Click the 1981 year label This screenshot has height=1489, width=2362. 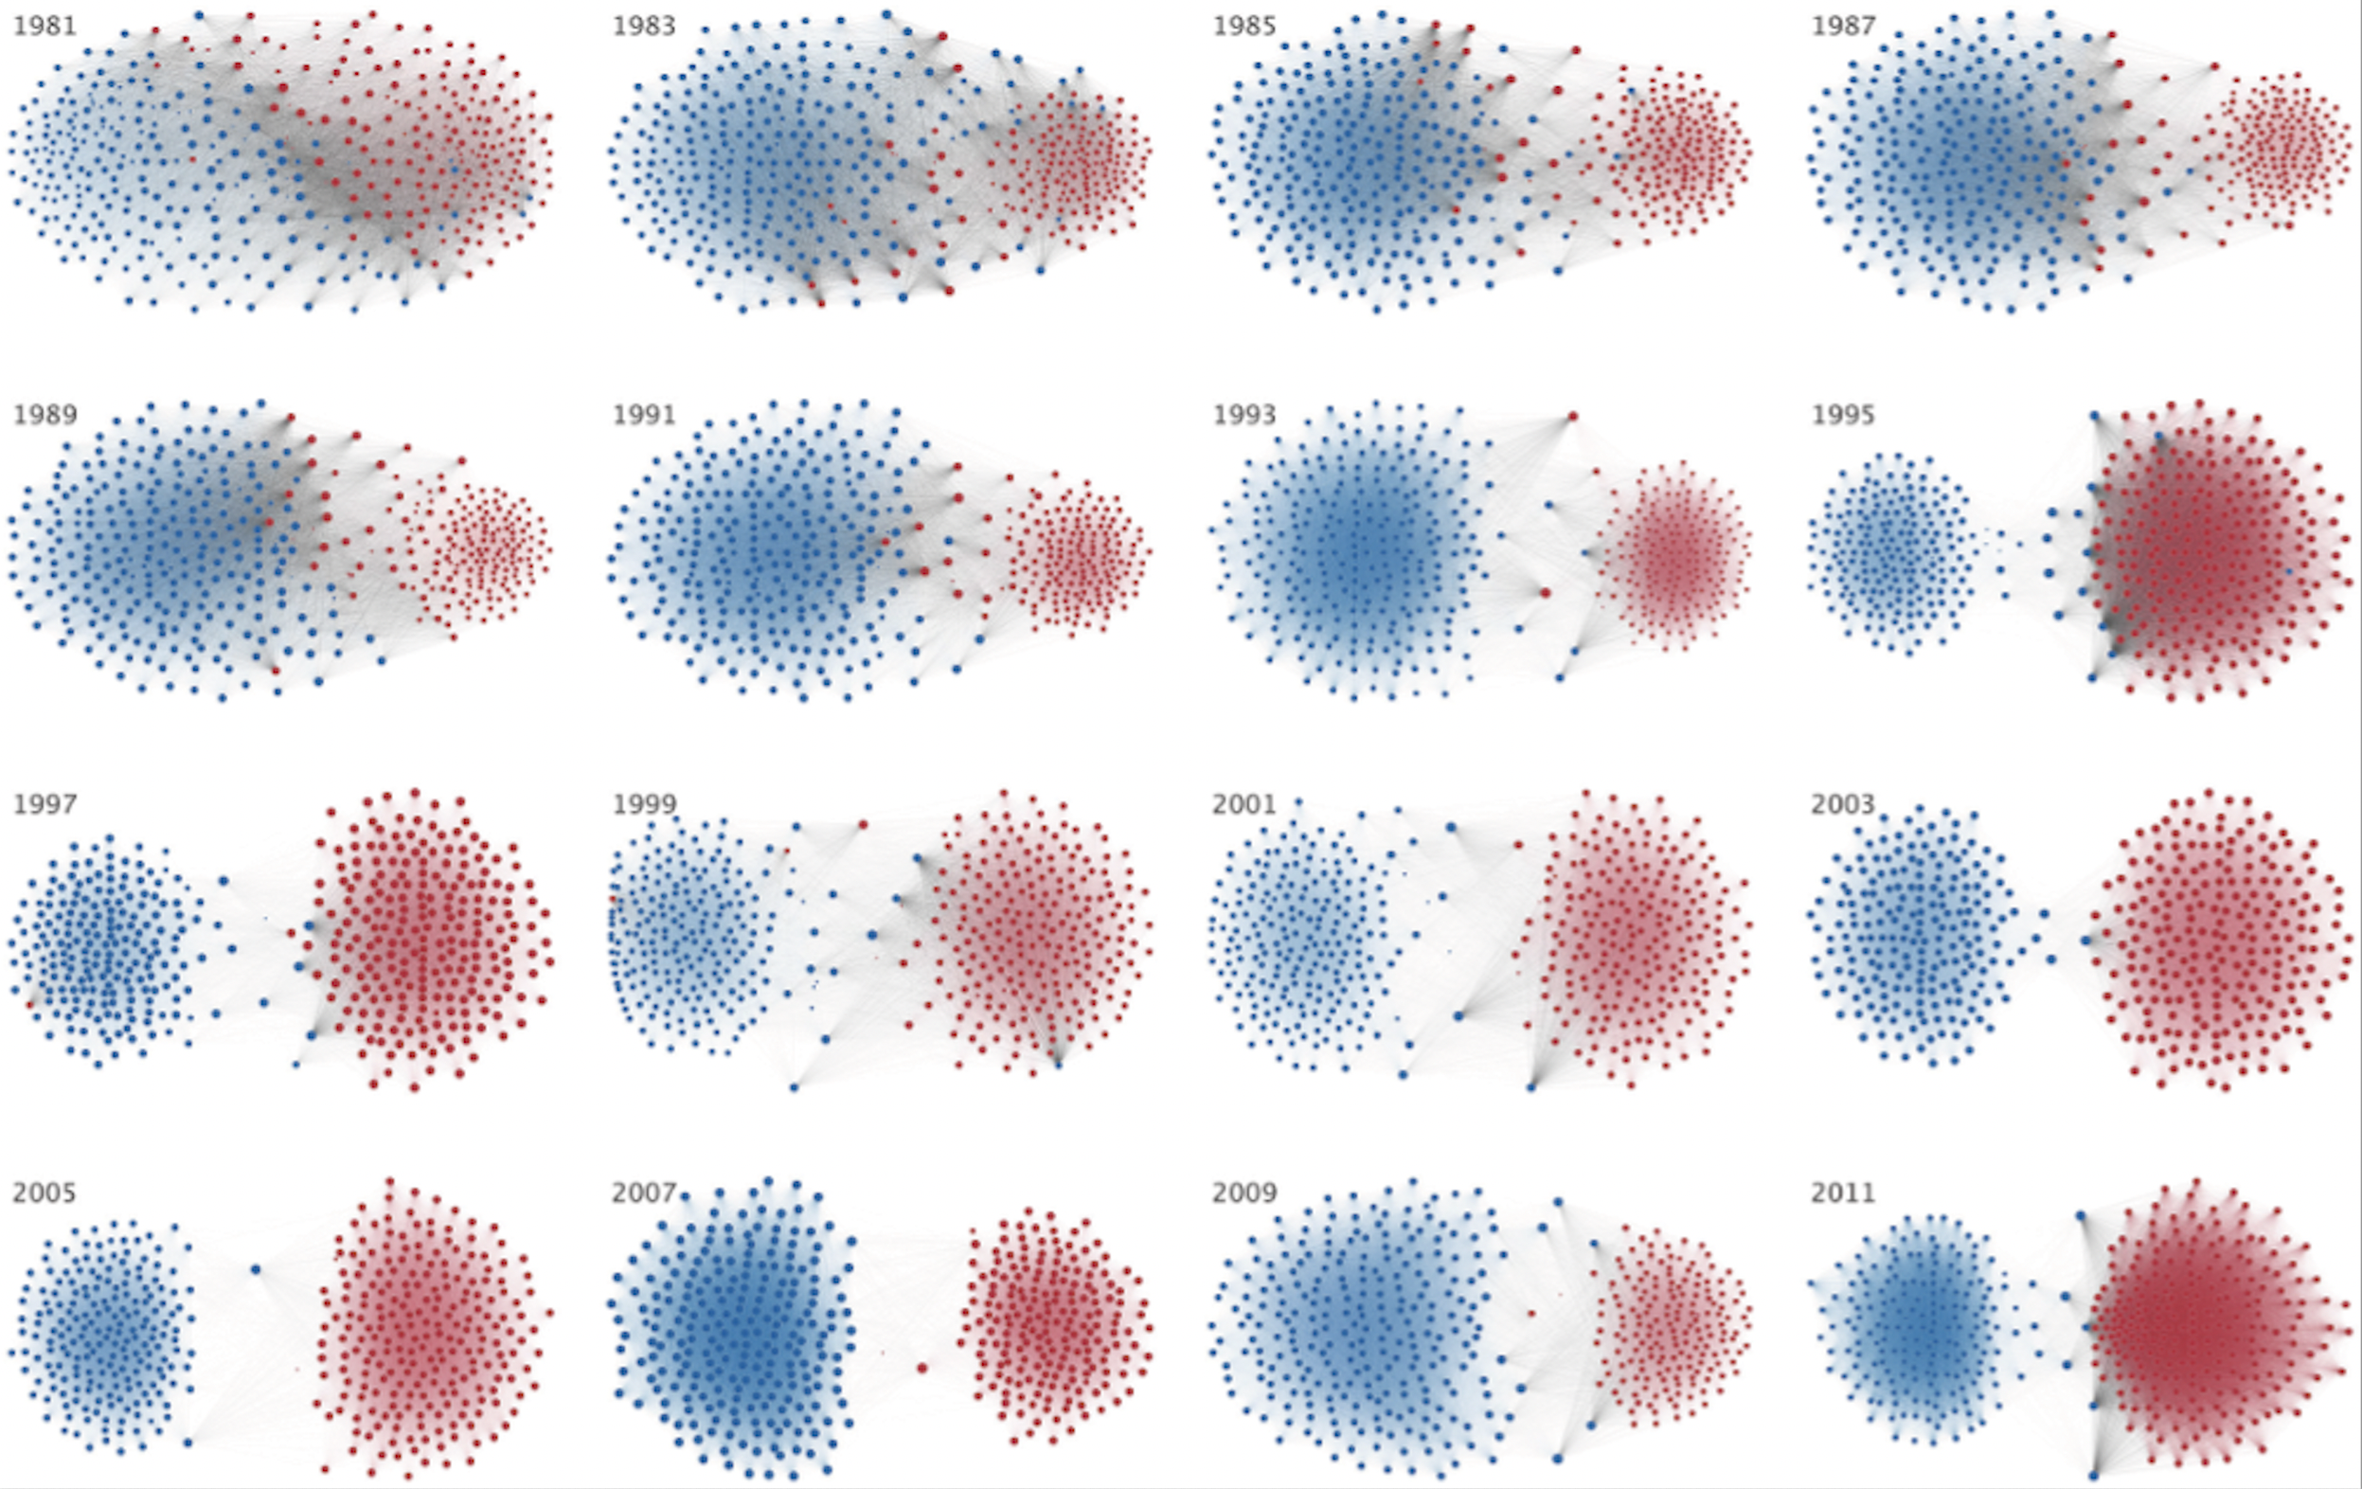pyautogui.click(x=45, y=26)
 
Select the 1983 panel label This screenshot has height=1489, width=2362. pyautogui.click(x=643, y=26)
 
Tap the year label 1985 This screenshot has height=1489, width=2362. pyautogui.click(x=1244, y=26)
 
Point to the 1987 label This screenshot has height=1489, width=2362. pyautogui.click(x=1842, y=26)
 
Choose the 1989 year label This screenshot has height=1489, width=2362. pyautogui.click(x=45, y=414)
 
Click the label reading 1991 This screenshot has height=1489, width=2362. pyautogui.click(x=643, y=414)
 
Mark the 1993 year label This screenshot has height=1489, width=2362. pyautogui.click(x=1244, y=414)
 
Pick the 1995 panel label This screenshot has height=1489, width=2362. pyautogui.click(x=1842, y=414)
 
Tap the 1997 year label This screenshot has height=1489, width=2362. pyautogui.click(x=45, y=803)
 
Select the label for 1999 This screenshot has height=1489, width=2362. pyautogui.click(x=643, y=803)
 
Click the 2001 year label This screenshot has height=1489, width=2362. pyautogui.click(x=1244, y=803)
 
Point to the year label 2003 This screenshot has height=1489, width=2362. pyautogui.click(x=1842, y=803)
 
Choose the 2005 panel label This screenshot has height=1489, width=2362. pyautogui.click(x=45, y=1192)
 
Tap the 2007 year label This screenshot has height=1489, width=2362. pyautogui.click(x=643, y=1192)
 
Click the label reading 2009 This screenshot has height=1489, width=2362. pyautogui.click(x=1244, y=1192)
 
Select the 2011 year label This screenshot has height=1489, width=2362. pyautogui.click(x=1842, y=1192)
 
